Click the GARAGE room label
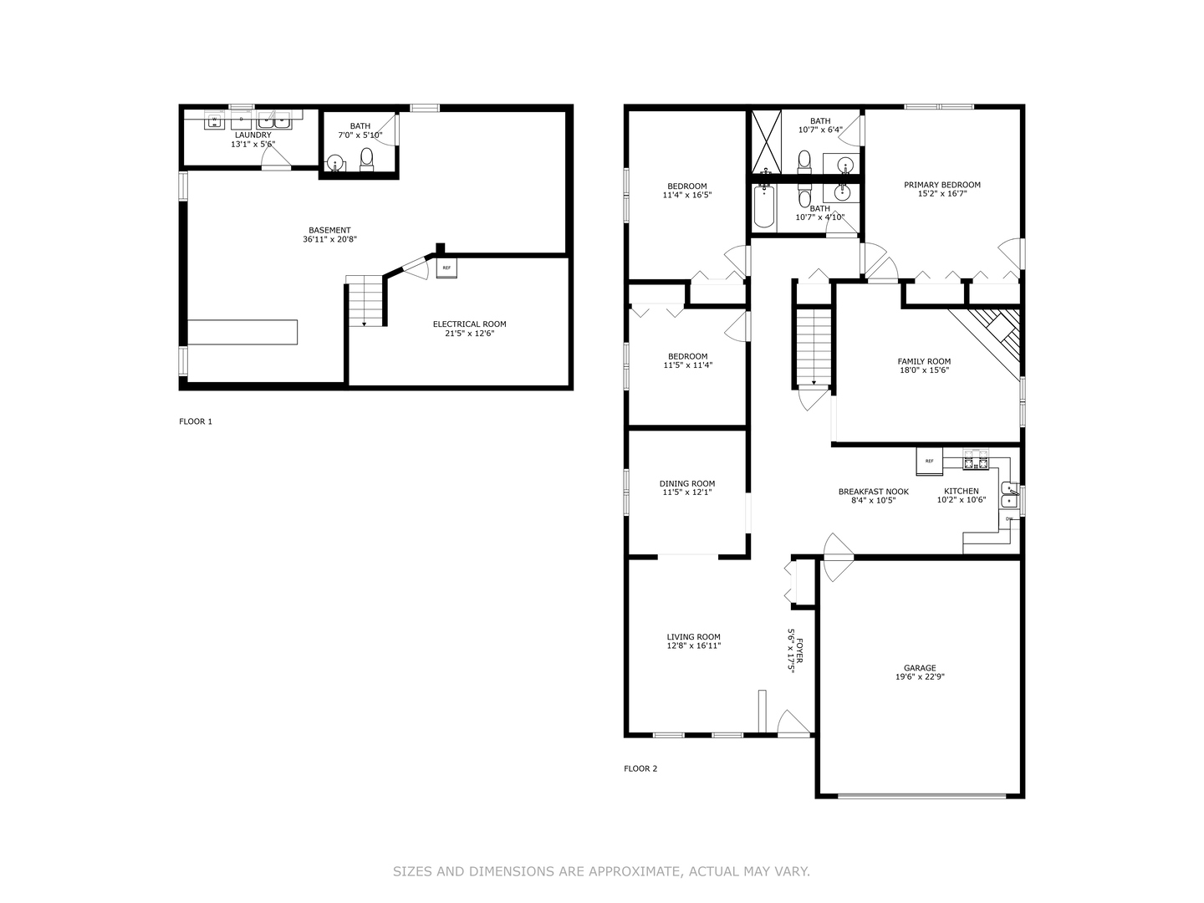[x=920, y=668]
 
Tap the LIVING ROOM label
[x=693, y=636]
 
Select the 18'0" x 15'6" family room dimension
[x=924, y=370]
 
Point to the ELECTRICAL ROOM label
[x=469, y=324]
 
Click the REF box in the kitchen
[x=930, y=461]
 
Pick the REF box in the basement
[x=446, y=268]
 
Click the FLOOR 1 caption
[x=196, y=421]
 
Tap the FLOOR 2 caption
[x=640, y=768]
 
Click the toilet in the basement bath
[x=366, y=158]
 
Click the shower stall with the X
[x=765, y=140]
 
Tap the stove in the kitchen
[x=975, y=461]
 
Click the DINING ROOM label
[x=687, y=483]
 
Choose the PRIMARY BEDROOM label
[x=942, y=185]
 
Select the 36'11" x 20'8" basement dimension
[x=330, y=240]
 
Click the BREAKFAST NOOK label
[x=874, y=492]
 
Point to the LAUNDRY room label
[x=253, y=135]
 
